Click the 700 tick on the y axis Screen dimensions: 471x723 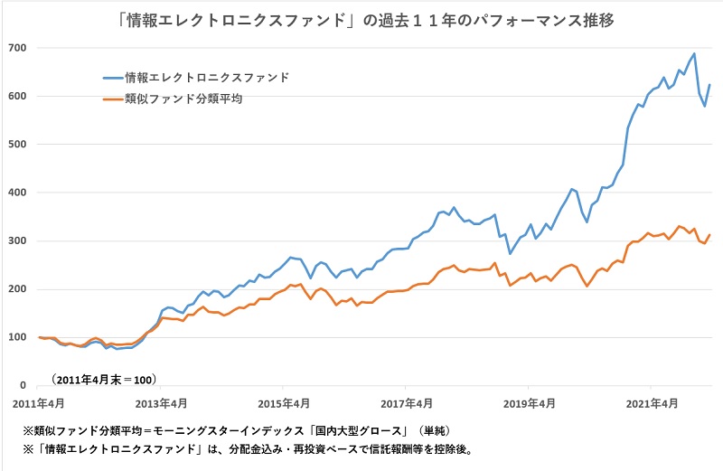coord(17,47)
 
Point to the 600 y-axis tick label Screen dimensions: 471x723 coord(17,96)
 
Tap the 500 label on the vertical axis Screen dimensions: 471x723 coord(17,144)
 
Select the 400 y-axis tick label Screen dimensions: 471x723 coord(17,193)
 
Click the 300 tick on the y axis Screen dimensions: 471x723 coord(17,240)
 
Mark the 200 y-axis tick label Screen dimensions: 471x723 coord(17,289)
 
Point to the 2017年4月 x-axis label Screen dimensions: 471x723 coord(406,402)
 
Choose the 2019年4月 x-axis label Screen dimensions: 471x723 coord(529,402)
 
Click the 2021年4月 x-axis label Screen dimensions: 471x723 coord(652,402)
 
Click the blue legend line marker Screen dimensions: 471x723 coord(112,79)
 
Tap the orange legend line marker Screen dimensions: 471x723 coord(112,99)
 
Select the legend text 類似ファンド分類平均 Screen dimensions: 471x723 coord(183,99)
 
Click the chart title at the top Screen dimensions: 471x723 coord(361,19)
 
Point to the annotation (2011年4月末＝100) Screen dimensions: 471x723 coord(104,376)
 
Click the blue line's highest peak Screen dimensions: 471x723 coord(693,53)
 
